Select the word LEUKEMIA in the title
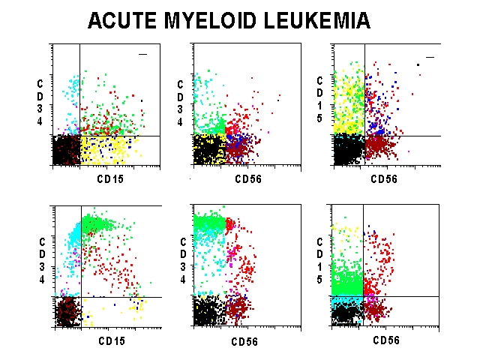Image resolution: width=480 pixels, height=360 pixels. point(321,21)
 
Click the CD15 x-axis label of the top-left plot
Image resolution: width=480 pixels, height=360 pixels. point(109,179)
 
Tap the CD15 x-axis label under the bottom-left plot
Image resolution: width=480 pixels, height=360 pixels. point(111,341)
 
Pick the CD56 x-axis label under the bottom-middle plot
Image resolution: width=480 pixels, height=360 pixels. point(244,342)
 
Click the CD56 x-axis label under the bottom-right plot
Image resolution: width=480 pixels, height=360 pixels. point(386,340)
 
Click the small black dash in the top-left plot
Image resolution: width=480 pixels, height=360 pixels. point(144,54)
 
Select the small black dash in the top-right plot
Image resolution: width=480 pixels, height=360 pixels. point(430,56)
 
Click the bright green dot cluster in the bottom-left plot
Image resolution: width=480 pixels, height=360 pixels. point(101,223)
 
